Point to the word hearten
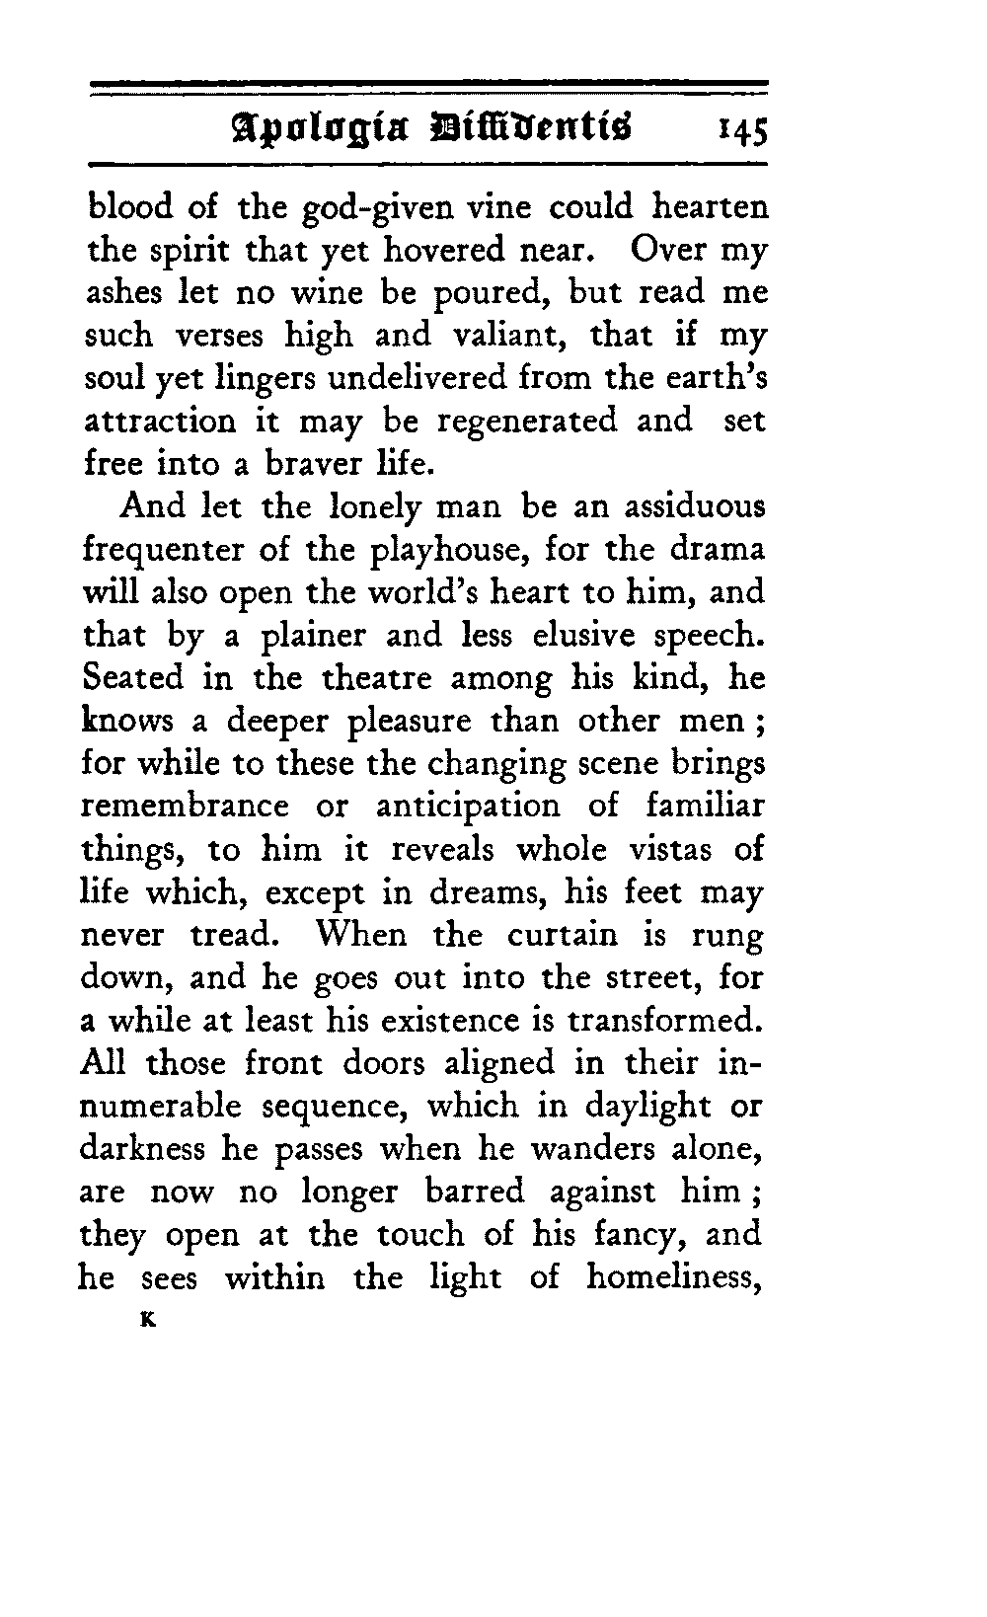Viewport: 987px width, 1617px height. (x=709, y=208)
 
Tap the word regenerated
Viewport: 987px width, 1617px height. (x=527, y=422)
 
